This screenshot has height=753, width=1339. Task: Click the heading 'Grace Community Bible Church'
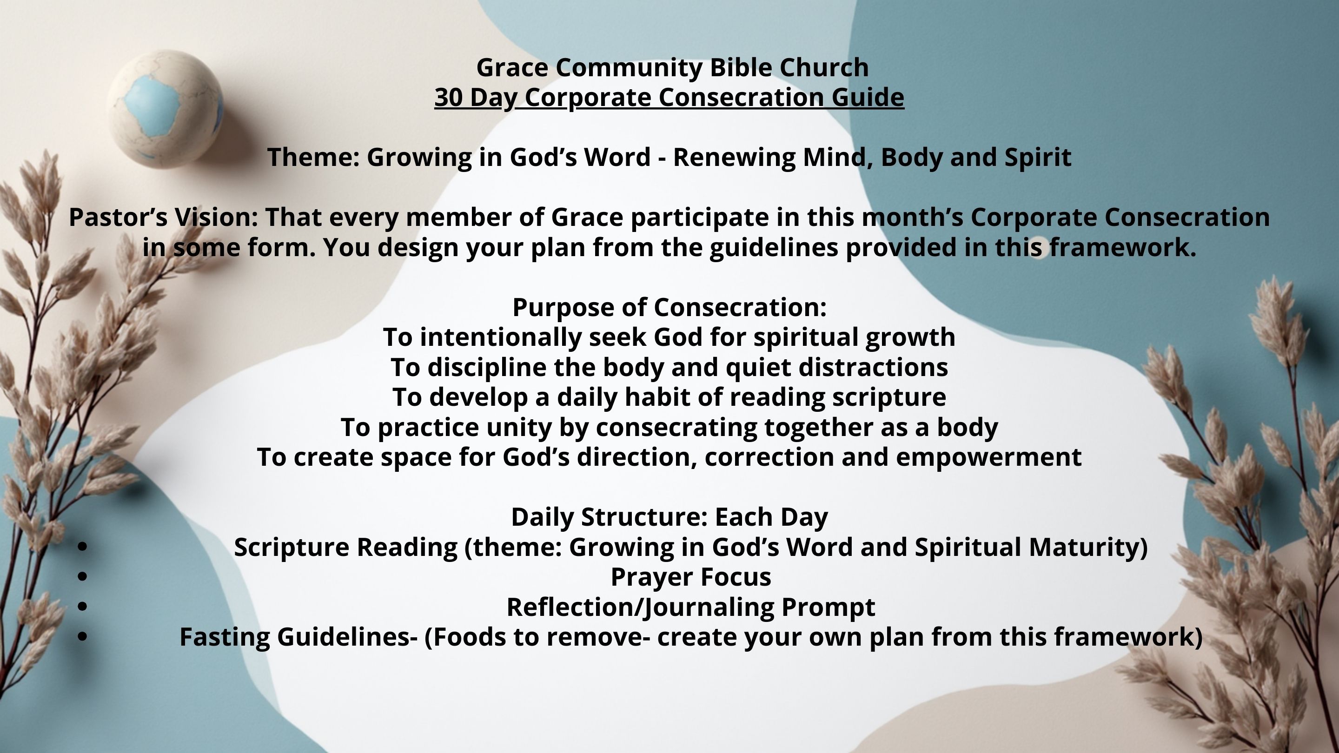click(x=672, y=67)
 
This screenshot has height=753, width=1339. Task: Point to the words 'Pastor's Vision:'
click(x=163, y=217)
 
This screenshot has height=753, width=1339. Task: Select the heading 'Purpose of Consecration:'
click(x=669, y=308)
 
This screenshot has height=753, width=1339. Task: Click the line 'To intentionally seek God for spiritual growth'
click(x=669, y=338)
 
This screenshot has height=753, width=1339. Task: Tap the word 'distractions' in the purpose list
click(x=873, y=367)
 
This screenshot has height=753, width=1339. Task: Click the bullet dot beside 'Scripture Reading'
click(x=82, y=547)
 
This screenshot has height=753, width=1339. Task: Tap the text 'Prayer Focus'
click(x=691, y=577)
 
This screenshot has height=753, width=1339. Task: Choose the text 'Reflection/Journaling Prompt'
click(x=691, y=608)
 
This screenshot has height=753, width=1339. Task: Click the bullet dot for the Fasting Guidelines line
click(x=82, y=637)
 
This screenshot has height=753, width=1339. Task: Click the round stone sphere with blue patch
click(x=166, y=109)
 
